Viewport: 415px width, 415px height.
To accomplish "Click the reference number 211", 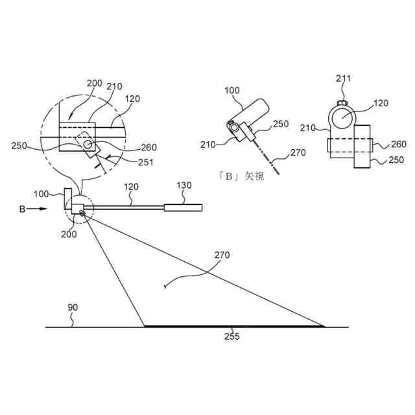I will (x=343, y=78).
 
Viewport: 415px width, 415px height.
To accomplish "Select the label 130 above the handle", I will (x=185, y=185).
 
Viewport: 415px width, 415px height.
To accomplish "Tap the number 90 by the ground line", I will (x=73, y=307).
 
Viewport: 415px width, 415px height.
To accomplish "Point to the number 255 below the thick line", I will (x=231, y=337).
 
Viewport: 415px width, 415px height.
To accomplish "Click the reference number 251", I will (x=145, y=162).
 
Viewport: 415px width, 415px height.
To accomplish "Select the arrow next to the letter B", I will (x=40, y=209).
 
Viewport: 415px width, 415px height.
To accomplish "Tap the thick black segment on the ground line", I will (x=233, y=326).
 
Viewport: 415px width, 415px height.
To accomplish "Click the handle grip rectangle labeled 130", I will (x=183, y=208).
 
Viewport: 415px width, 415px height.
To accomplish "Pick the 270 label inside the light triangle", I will (x=222, y=255).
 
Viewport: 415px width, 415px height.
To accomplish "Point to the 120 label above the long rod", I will (x=131, y=186).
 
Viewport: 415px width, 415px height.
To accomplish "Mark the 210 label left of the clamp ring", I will (x=308, y=128).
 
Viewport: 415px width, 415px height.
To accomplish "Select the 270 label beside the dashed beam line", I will (x=298, y=154).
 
